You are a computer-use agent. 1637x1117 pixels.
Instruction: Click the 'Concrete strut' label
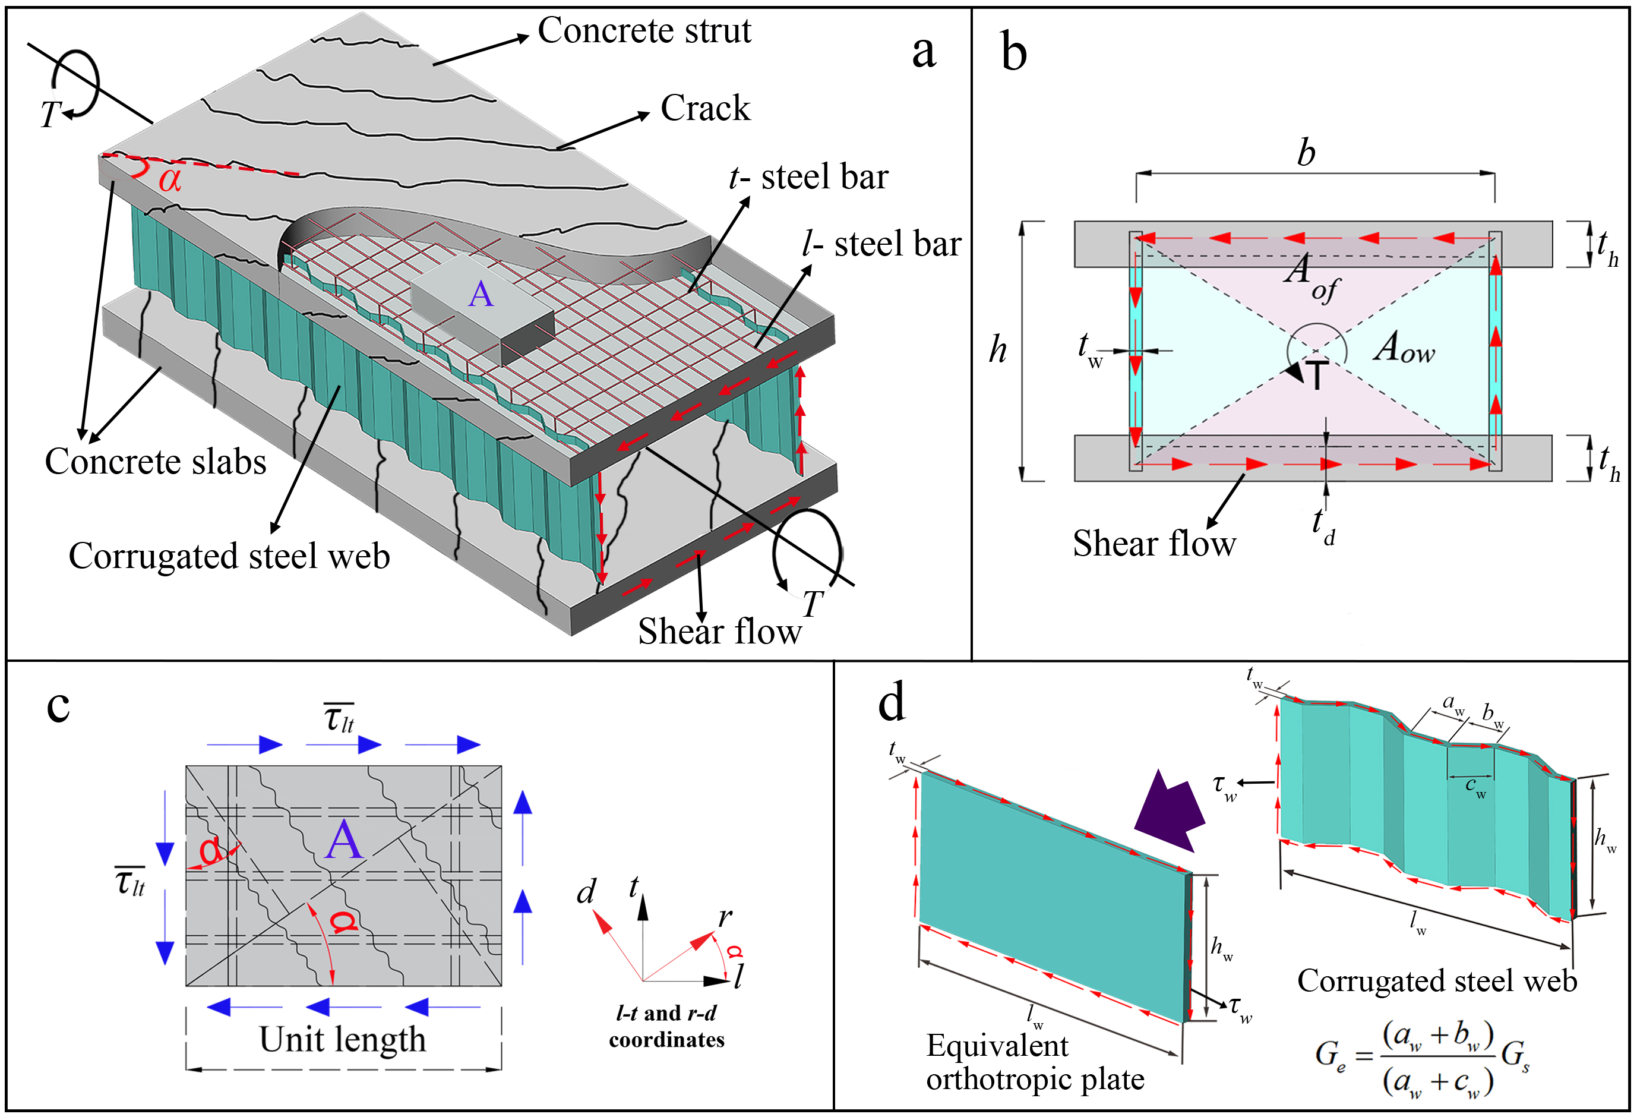click(644, 31)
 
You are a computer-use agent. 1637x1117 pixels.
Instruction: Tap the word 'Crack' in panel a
click(704, 109)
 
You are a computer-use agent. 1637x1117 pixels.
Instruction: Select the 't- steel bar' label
click(808, 178)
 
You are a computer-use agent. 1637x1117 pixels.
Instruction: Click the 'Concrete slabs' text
click(156, 462)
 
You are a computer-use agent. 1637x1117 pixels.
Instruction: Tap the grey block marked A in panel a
click(482, 303)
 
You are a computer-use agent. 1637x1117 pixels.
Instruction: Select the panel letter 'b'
click(1013, 53)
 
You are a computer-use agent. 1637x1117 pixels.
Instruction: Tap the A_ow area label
click(1403, 349)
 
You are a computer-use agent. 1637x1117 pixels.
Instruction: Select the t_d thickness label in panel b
click(1322, 526)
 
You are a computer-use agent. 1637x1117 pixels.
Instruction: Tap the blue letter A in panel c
click(343, 841)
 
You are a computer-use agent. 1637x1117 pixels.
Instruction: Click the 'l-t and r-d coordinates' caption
click(666, 1027)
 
